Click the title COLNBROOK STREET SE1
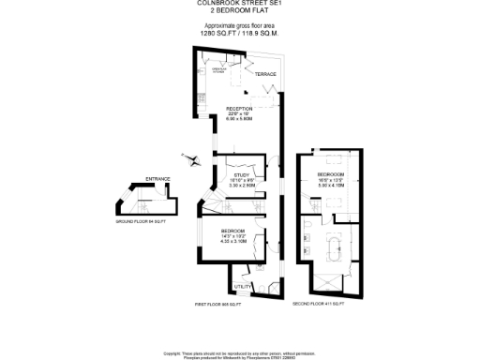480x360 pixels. (240, 3)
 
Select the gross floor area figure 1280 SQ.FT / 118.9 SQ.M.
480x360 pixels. (240, 33)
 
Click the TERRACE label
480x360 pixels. (266, 74)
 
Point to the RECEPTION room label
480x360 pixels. (240, 108)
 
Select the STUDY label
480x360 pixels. (243, 174)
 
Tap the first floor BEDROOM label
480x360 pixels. (233, 230)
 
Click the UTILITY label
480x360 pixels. (241, 286)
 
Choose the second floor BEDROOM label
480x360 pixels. (330, 175)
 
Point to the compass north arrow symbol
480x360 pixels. (193, 159)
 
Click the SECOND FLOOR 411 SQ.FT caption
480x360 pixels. (320, 305)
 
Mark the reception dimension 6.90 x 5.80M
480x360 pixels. (240, 119)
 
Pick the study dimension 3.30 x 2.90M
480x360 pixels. (243, 186)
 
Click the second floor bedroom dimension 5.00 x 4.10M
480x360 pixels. (331, 186)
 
